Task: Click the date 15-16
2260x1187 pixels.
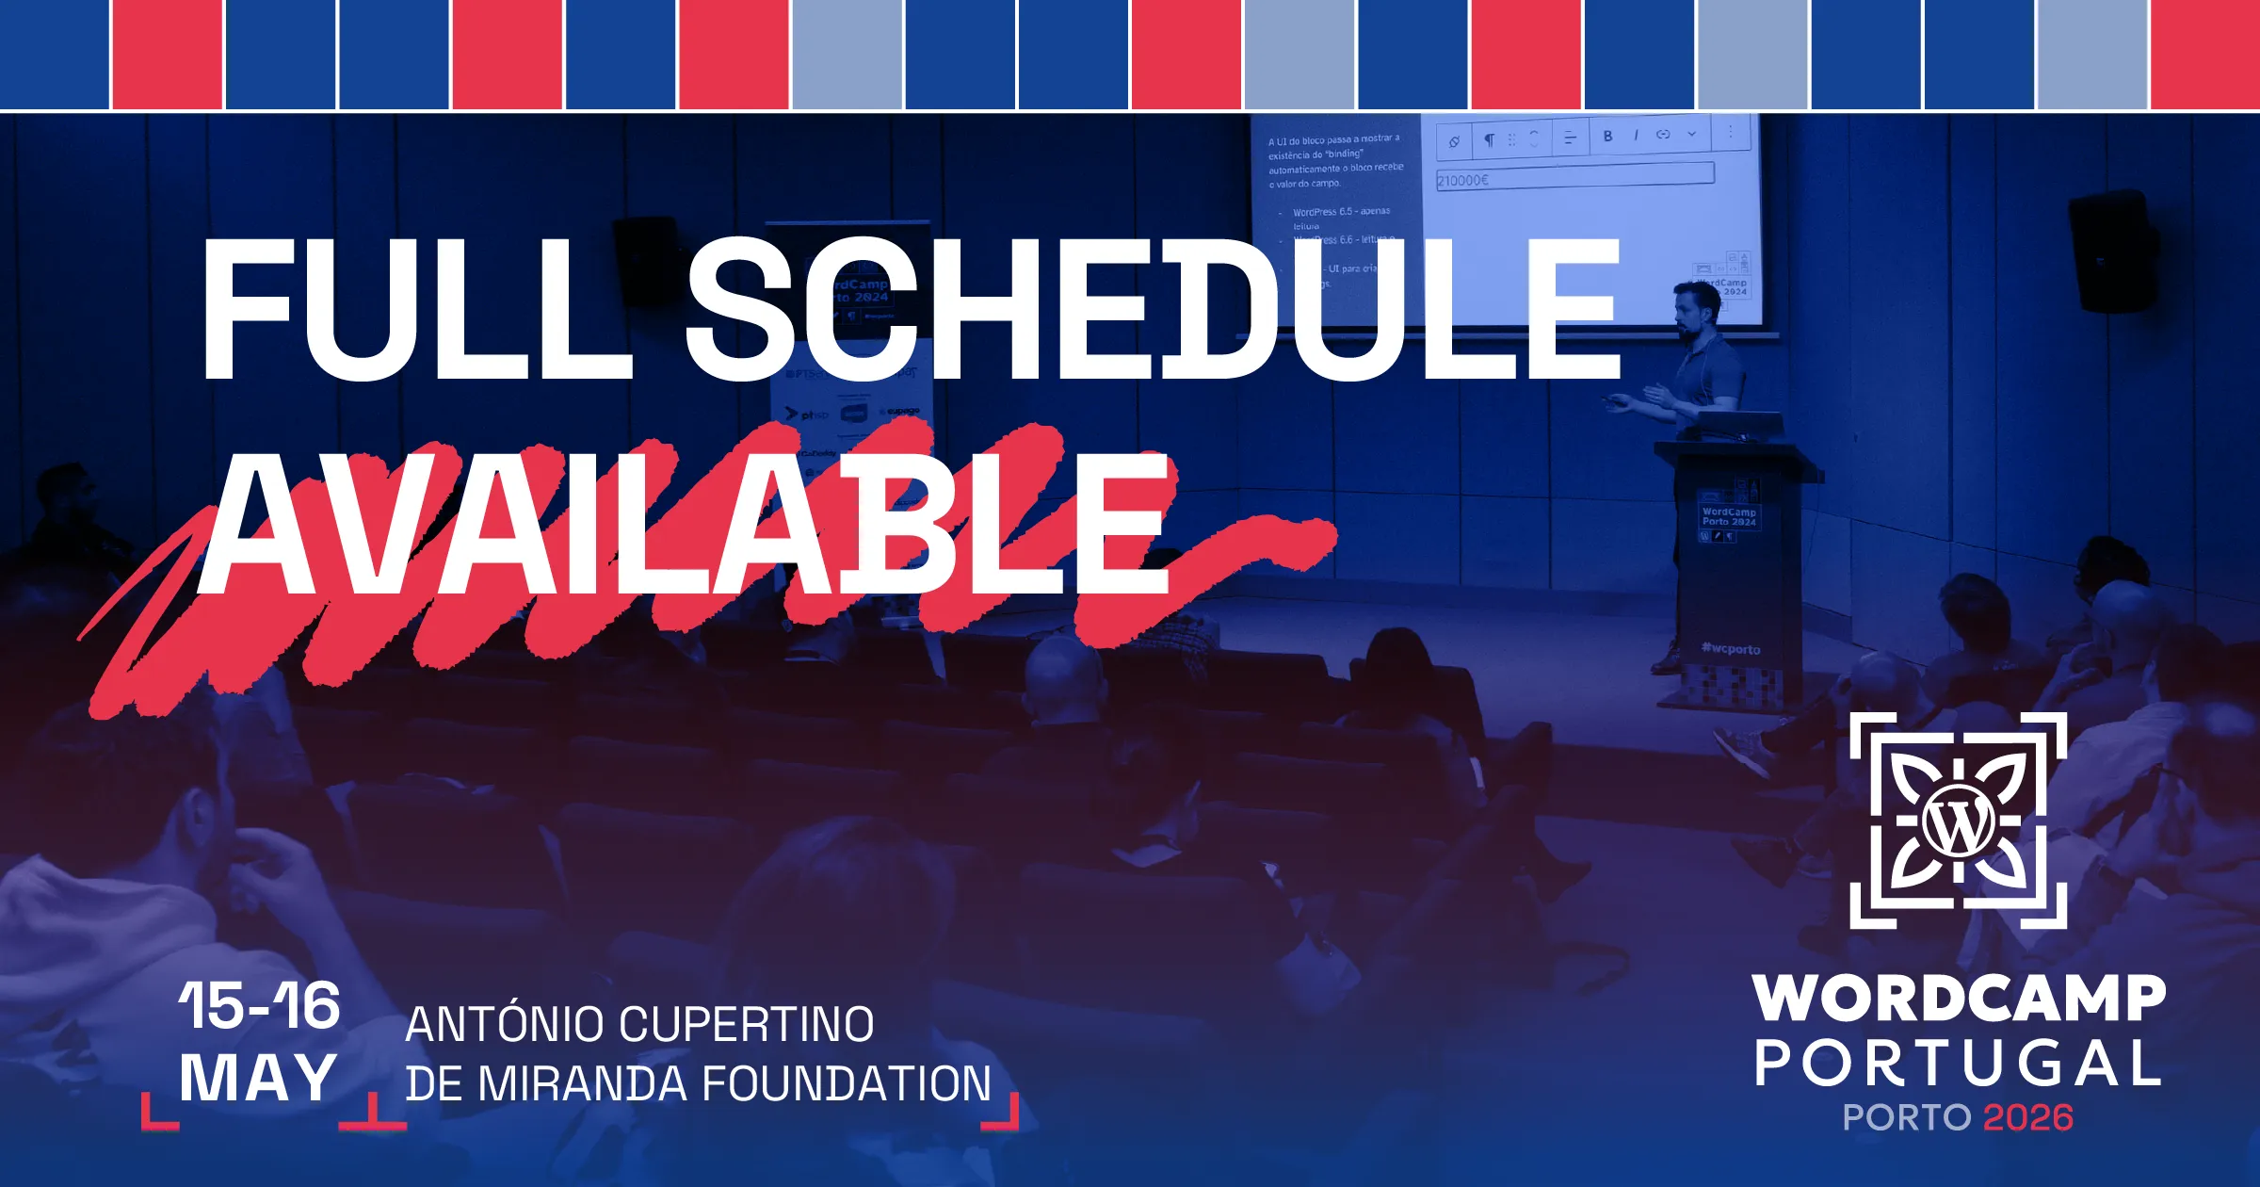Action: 259,1005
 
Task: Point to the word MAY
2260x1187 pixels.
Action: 258,1078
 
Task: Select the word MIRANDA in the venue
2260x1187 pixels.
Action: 584,1083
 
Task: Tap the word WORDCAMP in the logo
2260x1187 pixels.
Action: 1959,999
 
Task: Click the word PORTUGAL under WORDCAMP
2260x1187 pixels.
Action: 1959,1065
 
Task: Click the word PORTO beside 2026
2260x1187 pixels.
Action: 1906,1118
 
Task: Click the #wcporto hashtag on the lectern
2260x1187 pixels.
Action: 1731,649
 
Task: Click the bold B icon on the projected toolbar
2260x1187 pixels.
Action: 1607,137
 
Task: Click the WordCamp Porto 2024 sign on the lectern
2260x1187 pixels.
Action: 1729,516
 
